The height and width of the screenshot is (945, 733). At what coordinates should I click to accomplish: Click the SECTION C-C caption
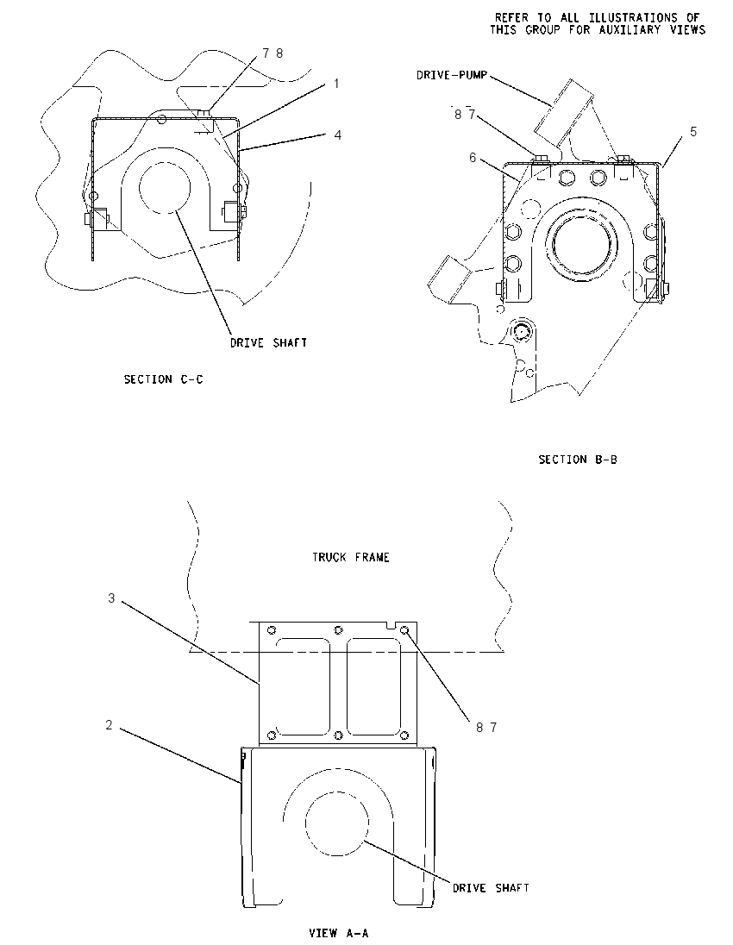click(x=163, y=379)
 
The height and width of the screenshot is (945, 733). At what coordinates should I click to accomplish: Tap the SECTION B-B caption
click(x=578, y=460)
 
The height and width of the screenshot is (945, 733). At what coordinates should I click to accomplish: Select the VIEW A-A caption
click(x=338, y=933)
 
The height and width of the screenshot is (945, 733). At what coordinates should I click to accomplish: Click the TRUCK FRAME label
click(x=350, y=557)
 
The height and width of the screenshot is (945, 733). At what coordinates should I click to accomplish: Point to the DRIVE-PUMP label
click(x=452, y=75)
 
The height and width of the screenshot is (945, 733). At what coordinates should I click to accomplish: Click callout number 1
click(x=336, y=83)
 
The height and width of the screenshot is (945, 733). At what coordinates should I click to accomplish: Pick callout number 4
click(x=337, y=135)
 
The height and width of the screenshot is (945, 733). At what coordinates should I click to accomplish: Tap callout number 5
click(x=693, y=131)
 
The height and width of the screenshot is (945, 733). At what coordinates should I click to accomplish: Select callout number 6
click(x=473, y=157)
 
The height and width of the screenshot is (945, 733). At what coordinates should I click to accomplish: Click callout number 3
click(x=111, y=598)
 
